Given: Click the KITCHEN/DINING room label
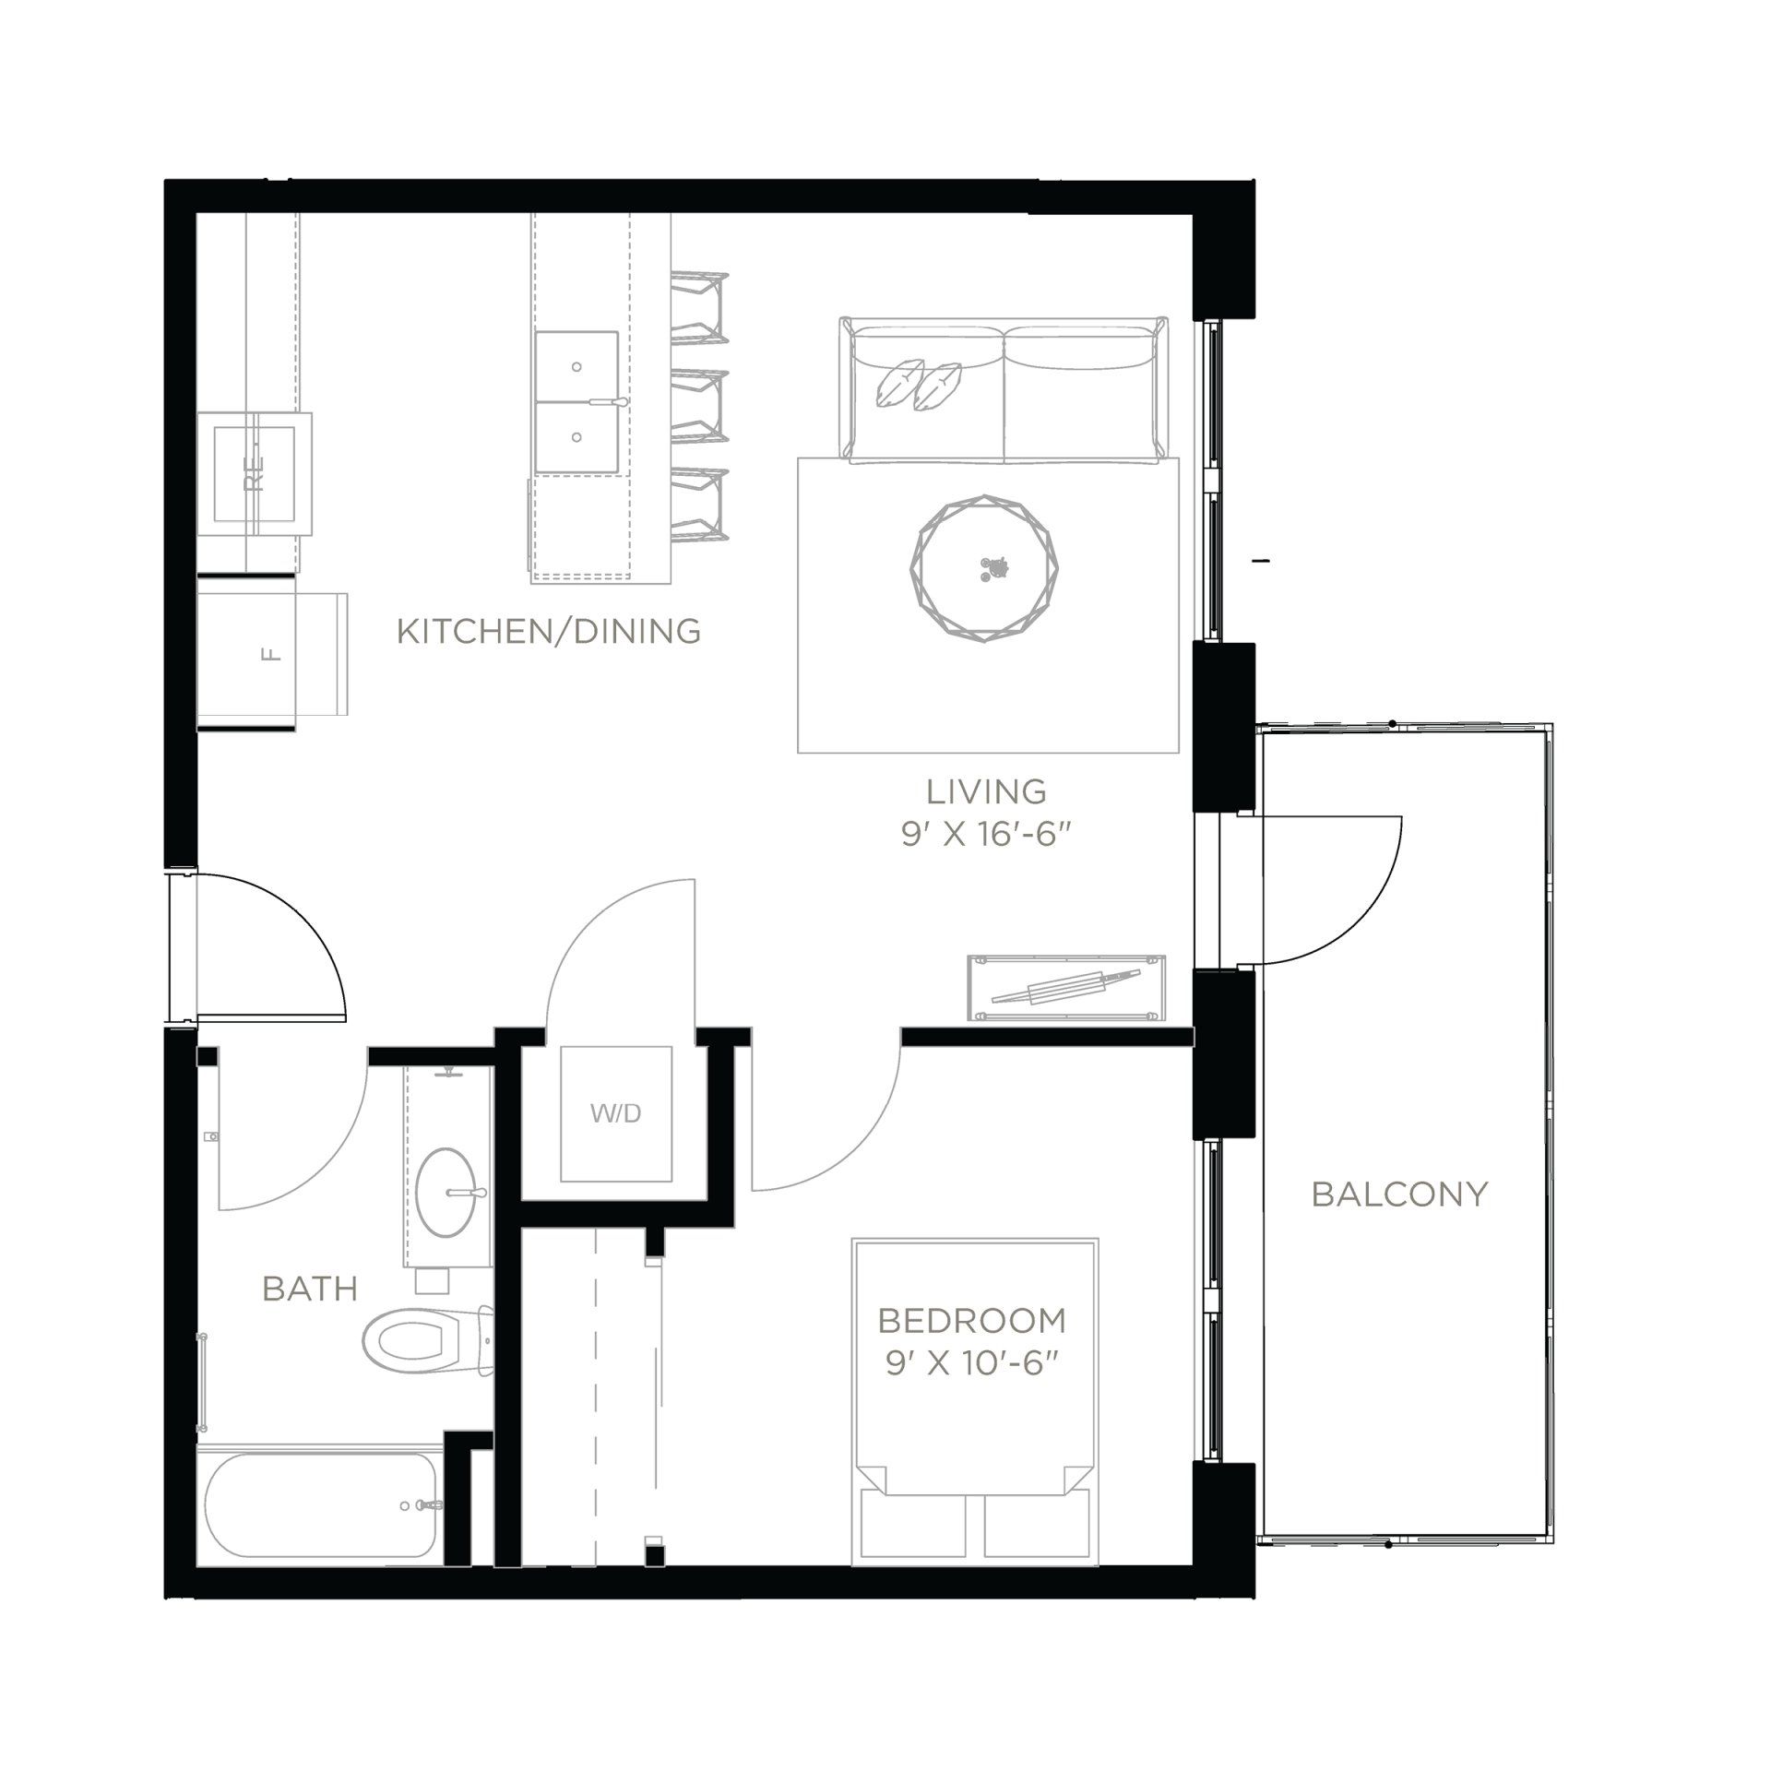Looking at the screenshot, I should pyautogui.click(x=548, y=632).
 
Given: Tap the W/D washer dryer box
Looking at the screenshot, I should pyautogui.click(x=616, y=1113).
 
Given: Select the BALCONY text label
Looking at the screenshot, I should pyautogui.click(x=1399, y=1195).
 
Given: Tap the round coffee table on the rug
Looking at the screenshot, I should pyautogui.click(x=985, y=566).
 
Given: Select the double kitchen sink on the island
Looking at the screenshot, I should pyautogui.click(x=576, y=403).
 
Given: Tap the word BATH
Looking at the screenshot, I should pyautogui.click(x=310, y=1289).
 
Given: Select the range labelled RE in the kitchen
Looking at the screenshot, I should pyautogui.click(x=255, y=473).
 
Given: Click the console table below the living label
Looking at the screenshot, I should pyautogui.click(x=1066, y=988).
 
